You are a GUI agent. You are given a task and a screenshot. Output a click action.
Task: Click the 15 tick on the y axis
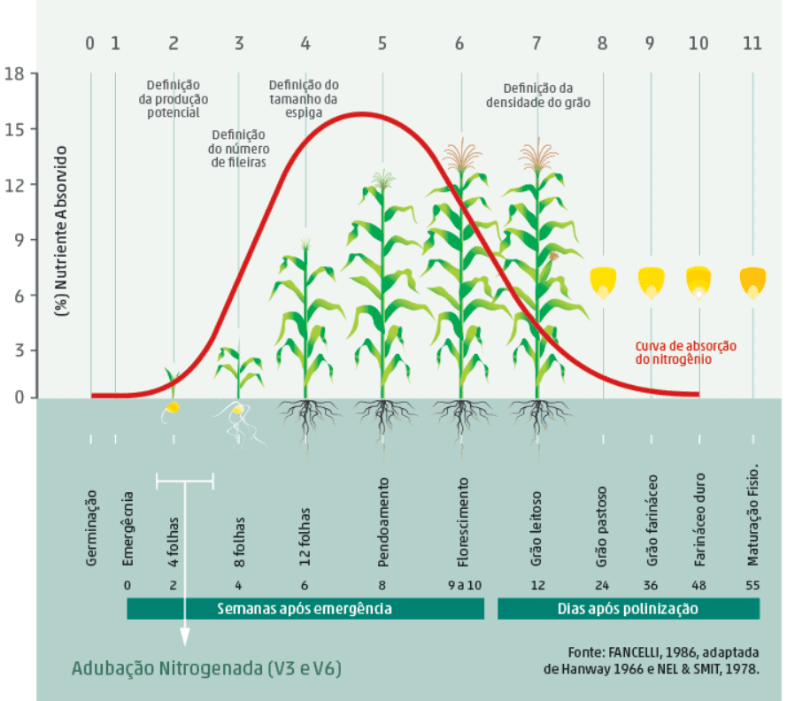(x=19, y=129)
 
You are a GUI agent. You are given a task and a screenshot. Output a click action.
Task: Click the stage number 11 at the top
(x=752, y=42)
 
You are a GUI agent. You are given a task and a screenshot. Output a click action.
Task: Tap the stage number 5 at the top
(x=382, y=42)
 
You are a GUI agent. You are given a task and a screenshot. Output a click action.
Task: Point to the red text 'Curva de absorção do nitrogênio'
(x=685, y=352)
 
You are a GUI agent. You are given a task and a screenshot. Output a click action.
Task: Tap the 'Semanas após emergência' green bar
(x=305, y=609)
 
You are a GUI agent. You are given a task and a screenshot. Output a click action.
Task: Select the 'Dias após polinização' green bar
(x=628, y=609)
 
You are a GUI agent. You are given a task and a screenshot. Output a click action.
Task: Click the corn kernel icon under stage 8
(x=603, y=283)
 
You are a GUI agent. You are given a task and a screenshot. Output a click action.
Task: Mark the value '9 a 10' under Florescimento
(x=461, y=585)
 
